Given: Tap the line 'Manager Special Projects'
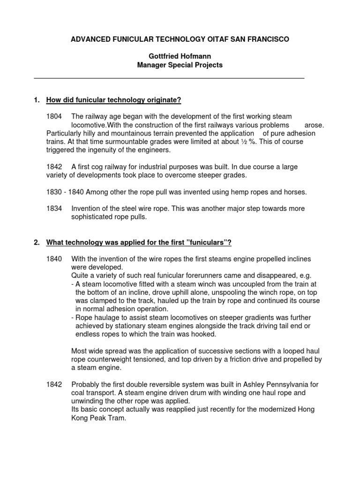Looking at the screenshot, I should coord(180,65).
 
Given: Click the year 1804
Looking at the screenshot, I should coord(54,116).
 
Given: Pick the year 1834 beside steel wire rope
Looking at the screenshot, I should coord(54,209).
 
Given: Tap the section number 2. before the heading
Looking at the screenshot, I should coord(37,242).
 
